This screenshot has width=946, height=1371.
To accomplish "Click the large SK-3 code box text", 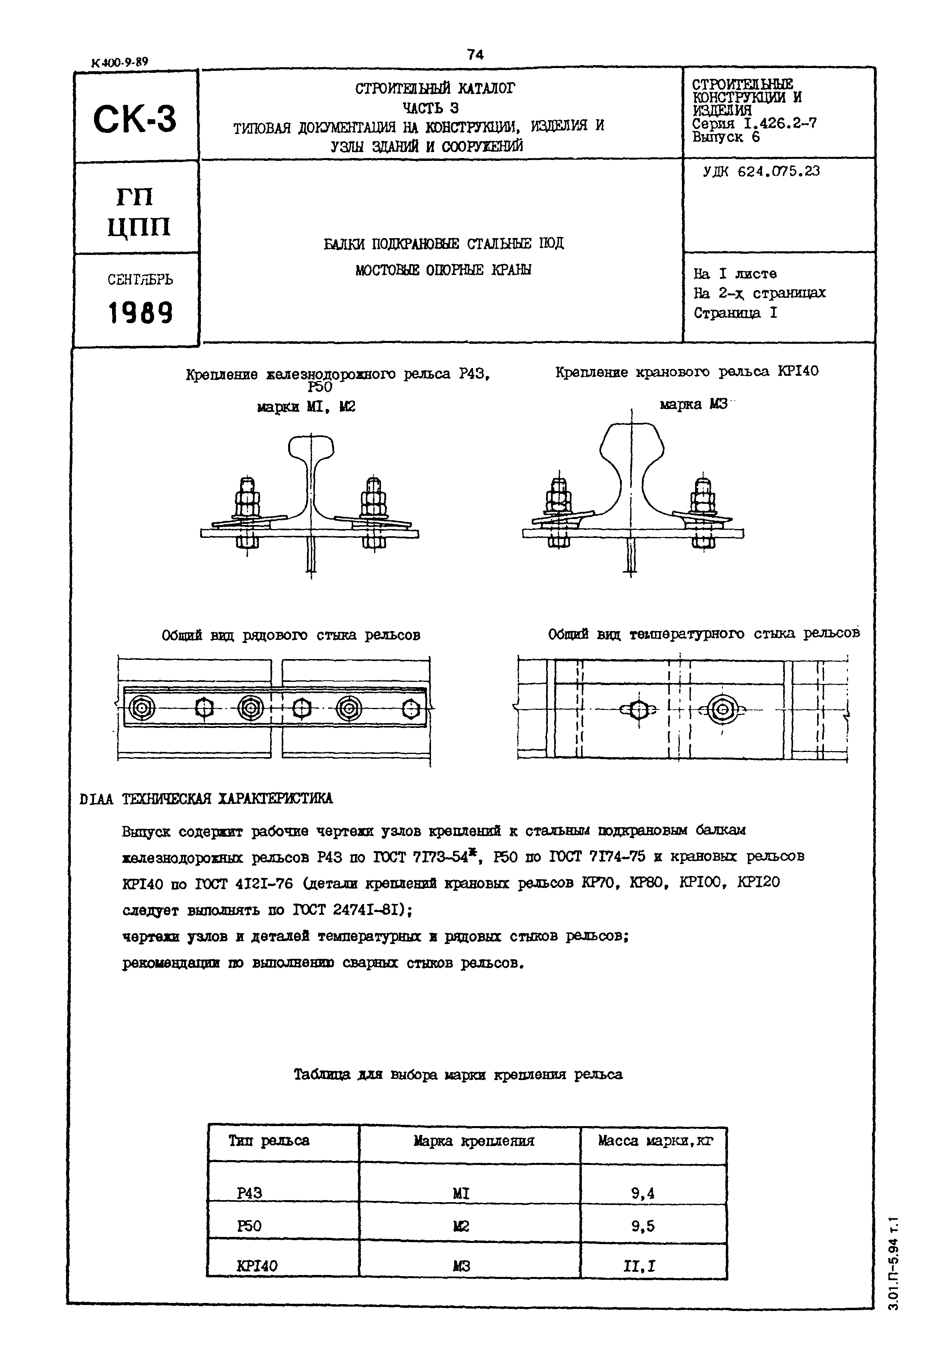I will pos(135,118).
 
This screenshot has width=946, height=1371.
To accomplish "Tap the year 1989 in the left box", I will pos(140,313).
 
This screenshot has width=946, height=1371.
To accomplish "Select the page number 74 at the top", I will pos(475,54).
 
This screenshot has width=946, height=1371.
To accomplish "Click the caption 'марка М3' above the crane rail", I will pos(693,405).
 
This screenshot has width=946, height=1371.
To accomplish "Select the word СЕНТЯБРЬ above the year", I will pos(140,280).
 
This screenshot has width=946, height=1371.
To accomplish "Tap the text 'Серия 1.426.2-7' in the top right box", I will pos(754,124).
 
